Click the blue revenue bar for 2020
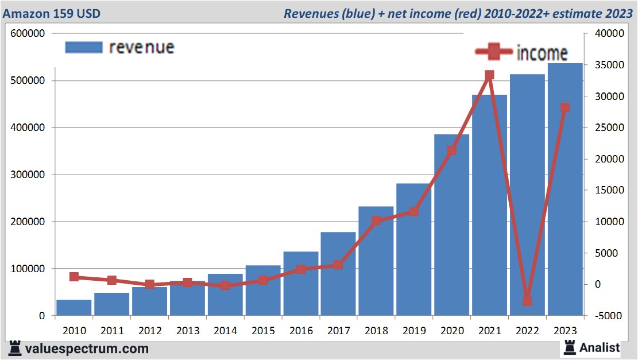coord(451,230)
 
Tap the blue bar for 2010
coord(74,308)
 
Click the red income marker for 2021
coord(489,75)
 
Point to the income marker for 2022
coord(527,301)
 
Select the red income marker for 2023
coord(565,107)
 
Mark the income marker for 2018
coord(376,220)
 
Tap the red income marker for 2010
coord(74,277)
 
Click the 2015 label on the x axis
coord(263,331)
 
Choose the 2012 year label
coord(150,331)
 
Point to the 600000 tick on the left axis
coord(28,34)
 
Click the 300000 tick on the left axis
coord(28,175)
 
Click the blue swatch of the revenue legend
coord(84,47)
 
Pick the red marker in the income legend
coord(494,52)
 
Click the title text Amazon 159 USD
coord(52,13)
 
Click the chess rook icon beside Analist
coord(570,347)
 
